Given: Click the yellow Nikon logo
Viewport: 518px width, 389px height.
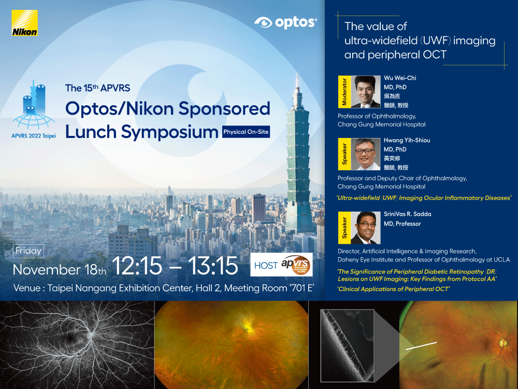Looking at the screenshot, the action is [24, 23].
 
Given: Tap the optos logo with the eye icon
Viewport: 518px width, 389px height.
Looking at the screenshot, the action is [285, 22].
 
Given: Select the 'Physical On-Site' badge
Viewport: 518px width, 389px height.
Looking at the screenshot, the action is [246, 132].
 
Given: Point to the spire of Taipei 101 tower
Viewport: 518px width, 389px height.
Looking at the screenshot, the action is [297, 81].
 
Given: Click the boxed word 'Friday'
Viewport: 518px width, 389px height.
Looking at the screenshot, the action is [28, 251].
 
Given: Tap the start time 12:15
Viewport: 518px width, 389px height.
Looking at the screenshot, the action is [137, 266].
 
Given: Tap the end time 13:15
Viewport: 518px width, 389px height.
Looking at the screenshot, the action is [213, 266].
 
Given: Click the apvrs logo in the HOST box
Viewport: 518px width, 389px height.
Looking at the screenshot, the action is [296, 265].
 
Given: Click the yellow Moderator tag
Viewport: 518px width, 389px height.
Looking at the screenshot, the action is [344, 92].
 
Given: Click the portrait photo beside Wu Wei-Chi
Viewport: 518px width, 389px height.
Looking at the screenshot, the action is [365, 92].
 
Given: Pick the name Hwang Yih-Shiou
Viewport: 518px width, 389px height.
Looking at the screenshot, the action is [407, 140].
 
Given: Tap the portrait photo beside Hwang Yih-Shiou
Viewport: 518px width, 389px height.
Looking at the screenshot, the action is [365, 154].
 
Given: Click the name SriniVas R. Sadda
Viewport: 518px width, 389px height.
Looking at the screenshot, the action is [407, 214].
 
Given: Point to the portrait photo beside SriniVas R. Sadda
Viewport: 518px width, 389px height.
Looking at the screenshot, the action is [365, 228].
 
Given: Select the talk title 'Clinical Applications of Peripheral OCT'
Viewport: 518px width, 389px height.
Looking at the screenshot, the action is [394, 289].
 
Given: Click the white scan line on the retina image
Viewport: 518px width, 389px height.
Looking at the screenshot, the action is [421, 345].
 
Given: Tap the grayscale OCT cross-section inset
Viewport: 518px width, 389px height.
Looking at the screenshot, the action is [347, 345].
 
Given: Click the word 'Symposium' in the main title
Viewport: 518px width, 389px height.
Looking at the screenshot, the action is [169, 132].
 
